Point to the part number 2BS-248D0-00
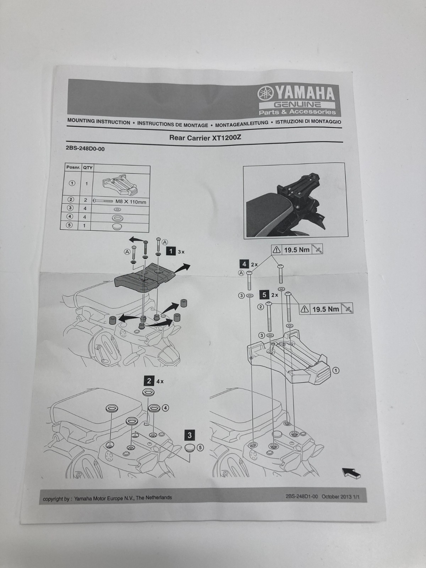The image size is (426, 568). (x=85, y=149)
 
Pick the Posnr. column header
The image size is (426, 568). (x=73, y=167)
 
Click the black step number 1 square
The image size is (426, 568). (x=171, y=251)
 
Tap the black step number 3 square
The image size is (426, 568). (x=190, y=435)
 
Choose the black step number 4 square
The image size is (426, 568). (x=244, y=264)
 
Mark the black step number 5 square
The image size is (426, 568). (x=264, y=295)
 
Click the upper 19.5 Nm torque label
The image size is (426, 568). (x=297, y=250)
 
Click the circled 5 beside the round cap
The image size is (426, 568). (x=200, y=448)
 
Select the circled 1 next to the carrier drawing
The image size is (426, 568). (x=336, y=371)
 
